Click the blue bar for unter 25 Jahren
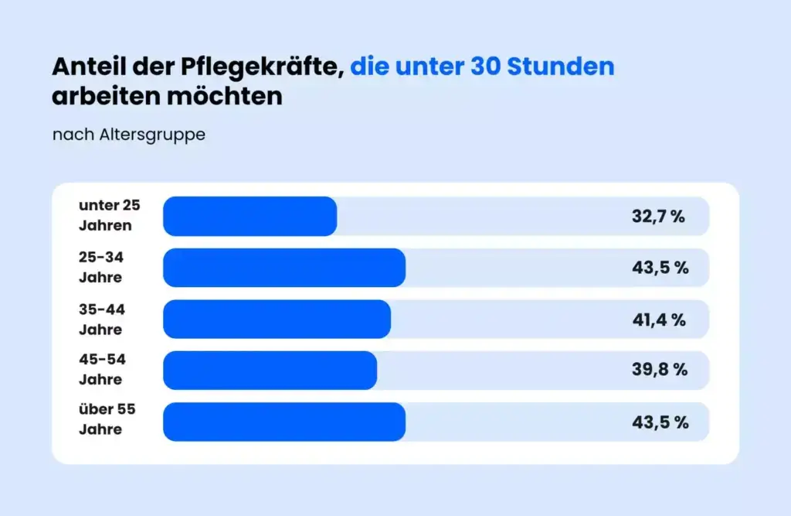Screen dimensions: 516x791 tap(250, 216)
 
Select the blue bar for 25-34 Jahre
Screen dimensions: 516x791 tap(283, 268)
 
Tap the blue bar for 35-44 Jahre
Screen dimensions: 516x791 tap(277, 319)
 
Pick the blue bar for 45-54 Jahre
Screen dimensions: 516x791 tap(270, 370)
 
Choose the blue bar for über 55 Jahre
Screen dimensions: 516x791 tap(283, 422)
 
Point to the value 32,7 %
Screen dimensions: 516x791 tap(658, 217)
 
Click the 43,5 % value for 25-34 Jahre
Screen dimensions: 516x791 tap(660, 268)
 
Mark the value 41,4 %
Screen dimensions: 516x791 tap(659, 319)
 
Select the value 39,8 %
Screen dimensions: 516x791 tap(660, 370)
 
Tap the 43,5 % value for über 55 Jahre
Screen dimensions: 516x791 tap(660, 422)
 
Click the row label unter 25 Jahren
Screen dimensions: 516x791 tap(109, 215)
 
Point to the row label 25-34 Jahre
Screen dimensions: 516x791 tap(100, 267)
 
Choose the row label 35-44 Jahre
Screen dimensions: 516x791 tap(101, 319)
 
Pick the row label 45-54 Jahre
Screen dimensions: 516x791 tap(101, 369)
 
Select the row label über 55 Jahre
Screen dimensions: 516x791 tap(107, 419)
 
